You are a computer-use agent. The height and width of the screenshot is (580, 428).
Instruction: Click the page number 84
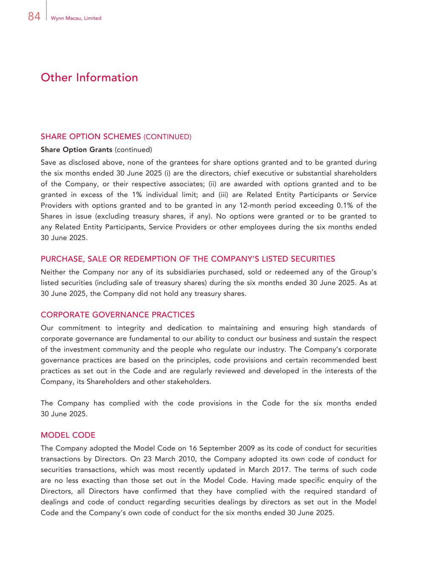pyautogui.click(x=34, y=17)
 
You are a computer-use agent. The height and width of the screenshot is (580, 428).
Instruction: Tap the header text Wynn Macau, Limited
pyautogui.click(x=76, y=18)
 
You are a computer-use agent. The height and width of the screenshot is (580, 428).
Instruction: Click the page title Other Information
pyautogui.click(x=89, y=77)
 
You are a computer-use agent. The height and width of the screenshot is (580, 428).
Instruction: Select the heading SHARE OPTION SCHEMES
pyautogui.click(x=91, y=136)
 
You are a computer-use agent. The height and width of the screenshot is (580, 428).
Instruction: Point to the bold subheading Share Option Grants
pyautogui.click(x=77, y=150)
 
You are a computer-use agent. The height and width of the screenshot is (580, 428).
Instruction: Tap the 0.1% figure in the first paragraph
pyautogui.click(x=347, y=206)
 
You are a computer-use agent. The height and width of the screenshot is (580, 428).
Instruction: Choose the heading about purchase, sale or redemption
pyautogui.click(x=188, y=259)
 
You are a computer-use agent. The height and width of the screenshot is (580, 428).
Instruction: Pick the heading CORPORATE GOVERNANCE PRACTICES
pyautogui.click(x=117, y=315)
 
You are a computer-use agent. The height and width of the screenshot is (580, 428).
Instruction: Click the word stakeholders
pyautogui.click(x=189, y=381)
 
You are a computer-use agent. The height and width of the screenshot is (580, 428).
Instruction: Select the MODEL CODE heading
pyautogui.click(x=68, y=435)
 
